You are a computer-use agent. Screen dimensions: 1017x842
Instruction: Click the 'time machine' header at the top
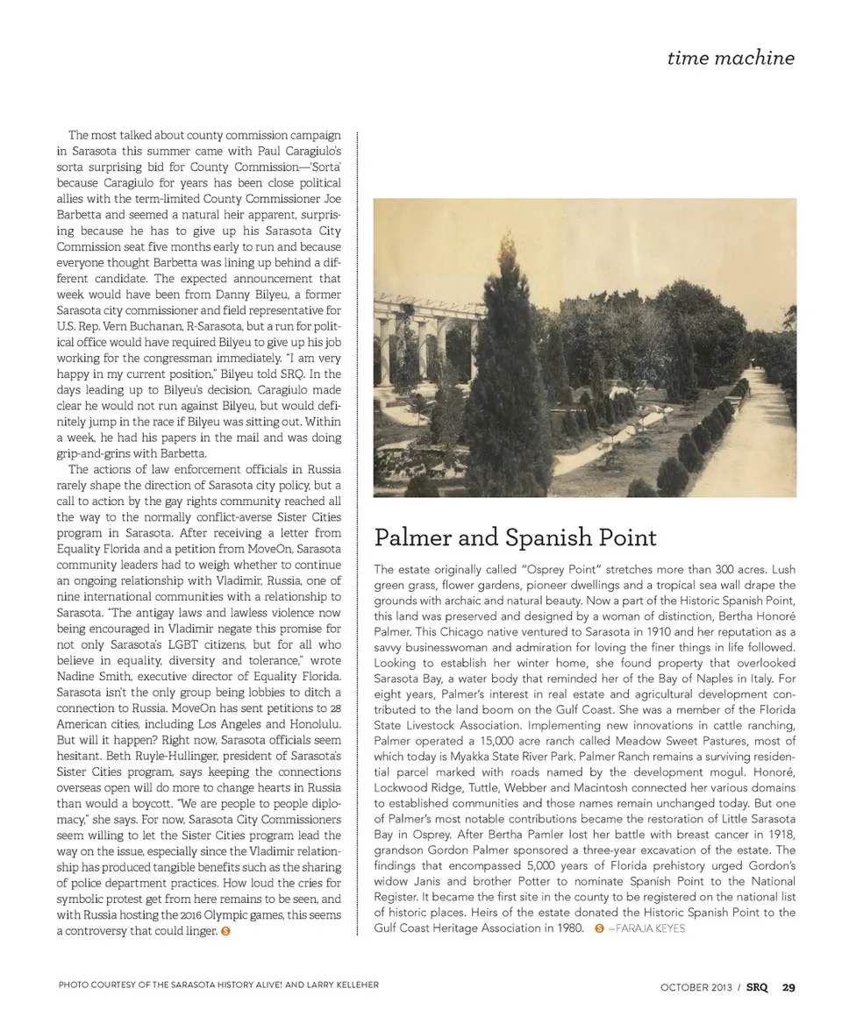click(730, 58)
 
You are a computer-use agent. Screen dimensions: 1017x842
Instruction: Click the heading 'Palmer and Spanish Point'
click(515, 537)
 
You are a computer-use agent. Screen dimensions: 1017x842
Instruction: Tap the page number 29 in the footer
click(788, 986)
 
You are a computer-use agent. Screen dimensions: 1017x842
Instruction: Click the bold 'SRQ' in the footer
click(757, 986)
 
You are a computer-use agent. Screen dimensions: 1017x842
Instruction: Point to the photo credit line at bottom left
click(218, 985)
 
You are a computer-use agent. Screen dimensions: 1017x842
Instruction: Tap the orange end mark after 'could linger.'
click(225, 931)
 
